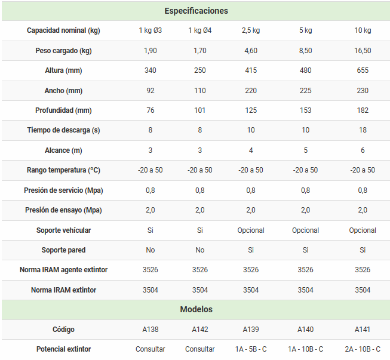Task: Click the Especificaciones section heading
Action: (x=196, y=11)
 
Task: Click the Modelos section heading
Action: (x=196, y=309)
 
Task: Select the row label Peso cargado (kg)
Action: (x=63, y=51)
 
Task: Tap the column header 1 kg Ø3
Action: (x=150, y=30)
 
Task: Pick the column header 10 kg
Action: (x=363, y=30)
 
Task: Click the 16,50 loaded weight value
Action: (x=363, y=51)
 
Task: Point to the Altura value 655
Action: (x=363, y=70)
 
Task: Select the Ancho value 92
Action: (x=150, y=91)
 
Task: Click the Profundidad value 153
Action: (x=305, y=110)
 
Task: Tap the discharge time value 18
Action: (x=363, y=130)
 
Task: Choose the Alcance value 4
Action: (x=251, y=150)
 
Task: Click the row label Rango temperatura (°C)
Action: (x=63, y=170)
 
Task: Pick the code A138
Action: (x=150, y=330)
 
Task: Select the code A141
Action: (x=363, y=330)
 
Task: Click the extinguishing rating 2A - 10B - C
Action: (x=363, y=349)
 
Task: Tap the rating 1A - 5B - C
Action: (x=251, y=349)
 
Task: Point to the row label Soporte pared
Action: (x=63, y=250)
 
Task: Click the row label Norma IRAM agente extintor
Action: (x=63, y=270)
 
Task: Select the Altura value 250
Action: (x=200, y=70)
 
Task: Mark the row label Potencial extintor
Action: (x=63, y=349)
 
